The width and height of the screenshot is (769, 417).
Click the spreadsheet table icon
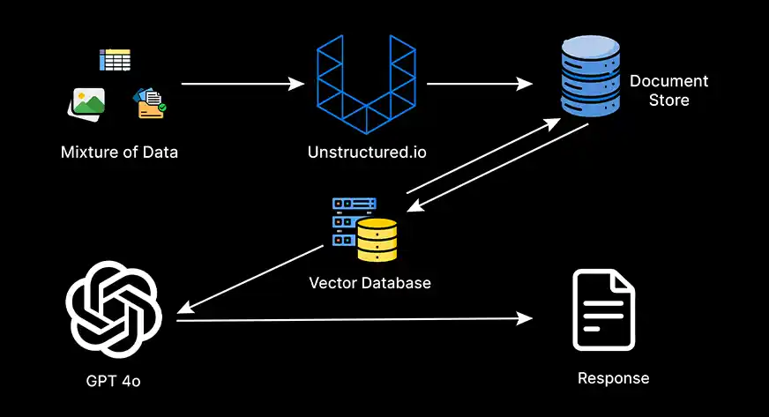click(x=115, y=60)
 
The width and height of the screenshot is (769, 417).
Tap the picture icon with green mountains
click(x=86, y=103)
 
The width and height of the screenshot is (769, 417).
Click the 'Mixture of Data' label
click(x=119, y=152)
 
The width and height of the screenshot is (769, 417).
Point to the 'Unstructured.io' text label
click(x=367, y=152)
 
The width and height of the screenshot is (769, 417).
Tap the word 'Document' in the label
click(x=668, y=81)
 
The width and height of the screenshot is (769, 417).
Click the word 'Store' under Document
click(x=668, y=100)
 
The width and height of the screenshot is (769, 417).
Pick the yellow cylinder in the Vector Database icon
click(x=377, y=241)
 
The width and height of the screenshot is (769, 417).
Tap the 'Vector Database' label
click(x=370, y=283)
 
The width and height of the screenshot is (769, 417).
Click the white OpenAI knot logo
click(x=113, y=309)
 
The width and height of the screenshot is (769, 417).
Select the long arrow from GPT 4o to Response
click(x=353, y=319)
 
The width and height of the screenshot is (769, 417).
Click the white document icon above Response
click(x=603, y=309)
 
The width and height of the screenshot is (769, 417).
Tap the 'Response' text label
click(x=613, y=378)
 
